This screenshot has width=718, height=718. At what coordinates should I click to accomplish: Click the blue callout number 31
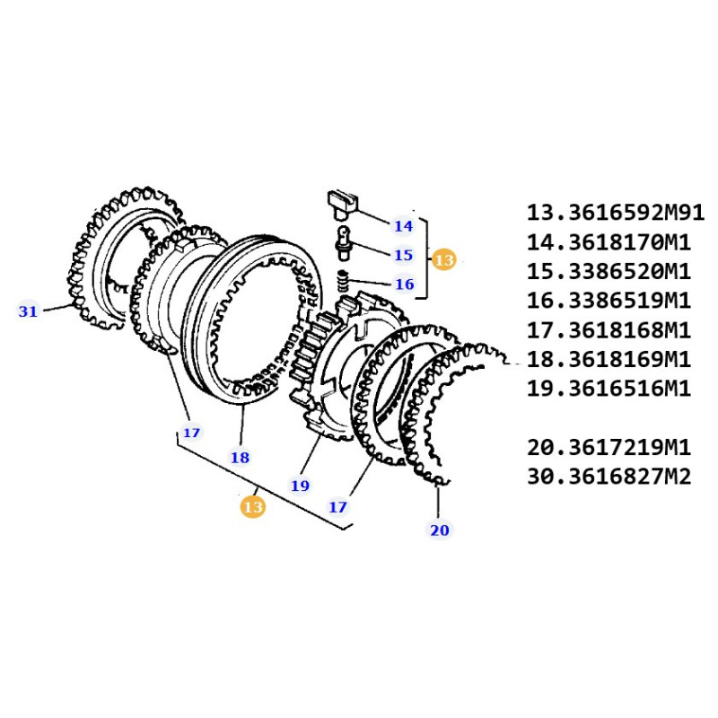(x=28, y=311)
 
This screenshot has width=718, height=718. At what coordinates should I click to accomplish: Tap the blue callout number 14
(x=403, y=226)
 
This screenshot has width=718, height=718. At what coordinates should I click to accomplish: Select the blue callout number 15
(x=403, y=255)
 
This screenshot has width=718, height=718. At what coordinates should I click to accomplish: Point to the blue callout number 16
(x=405, y=284)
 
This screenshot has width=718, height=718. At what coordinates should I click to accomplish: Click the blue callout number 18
(x=240, y=457)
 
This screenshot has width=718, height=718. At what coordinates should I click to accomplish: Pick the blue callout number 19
(x=301, y=486)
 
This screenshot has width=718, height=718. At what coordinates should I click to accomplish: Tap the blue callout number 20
(x=440, y=530)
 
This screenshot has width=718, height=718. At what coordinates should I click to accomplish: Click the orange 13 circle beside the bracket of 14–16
(x=444, y=259)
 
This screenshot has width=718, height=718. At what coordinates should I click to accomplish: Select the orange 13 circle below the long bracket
(x=253, y=507)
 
